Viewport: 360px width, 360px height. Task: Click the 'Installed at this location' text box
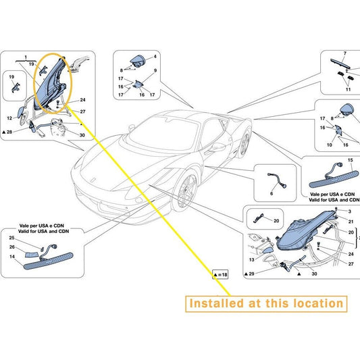[266, 304]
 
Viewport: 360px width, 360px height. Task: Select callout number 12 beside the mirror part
[9, 118]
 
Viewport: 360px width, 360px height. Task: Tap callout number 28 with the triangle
[7, 132]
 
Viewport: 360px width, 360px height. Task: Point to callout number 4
[155, 57]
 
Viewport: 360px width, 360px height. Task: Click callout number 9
[155, 71]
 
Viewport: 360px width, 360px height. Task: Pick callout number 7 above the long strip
[345, 53]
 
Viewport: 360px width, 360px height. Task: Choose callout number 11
[349, 89]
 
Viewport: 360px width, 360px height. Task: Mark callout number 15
[350, 160]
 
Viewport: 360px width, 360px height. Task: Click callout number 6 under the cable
[272, 194]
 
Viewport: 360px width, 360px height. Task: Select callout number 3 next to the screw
[350, 211]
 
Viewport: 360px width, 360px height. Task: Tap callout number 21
[351, 222]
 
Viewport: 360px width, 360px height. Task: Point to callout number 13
[252, 259]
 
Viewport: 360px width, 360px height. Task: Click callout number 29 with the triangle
[249, 274]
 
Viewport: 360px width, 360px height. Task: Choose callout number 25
[11, 238]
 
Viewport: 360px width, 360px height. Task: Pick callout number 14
[12, 257]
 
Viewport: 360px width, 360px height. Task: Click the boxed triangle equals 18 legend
[220, 275]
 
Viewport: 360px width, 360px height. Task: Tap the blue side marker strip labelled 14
[49, 261]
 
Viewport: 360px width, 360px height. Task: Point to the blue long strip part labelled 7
[340, 63]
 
